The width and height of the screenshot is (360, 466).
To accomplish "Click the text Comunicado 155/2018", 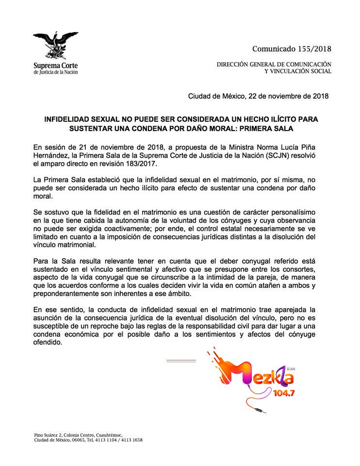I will click(x=292, y=49).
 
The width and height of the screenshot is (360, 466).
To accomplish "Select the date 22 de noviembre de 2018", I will click(x=288, y=96).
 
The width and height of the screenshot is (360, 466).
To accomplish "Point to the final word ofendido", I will click(x=48, y=343).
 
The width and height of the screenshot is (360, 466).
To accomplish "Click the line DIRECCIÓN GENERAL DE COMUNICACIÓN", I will click(x=274, y=64).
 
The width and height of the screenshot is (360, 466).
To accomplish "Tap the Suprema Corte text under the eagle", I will click(x=55, y=65).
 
